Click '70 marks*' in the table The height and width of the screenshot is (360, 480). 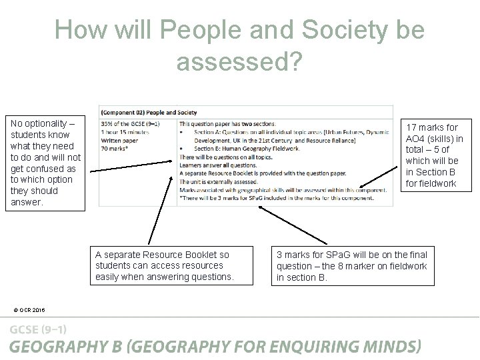coord(117,149)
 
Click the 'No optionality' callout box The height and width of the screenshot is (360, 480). coord(45,163)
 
